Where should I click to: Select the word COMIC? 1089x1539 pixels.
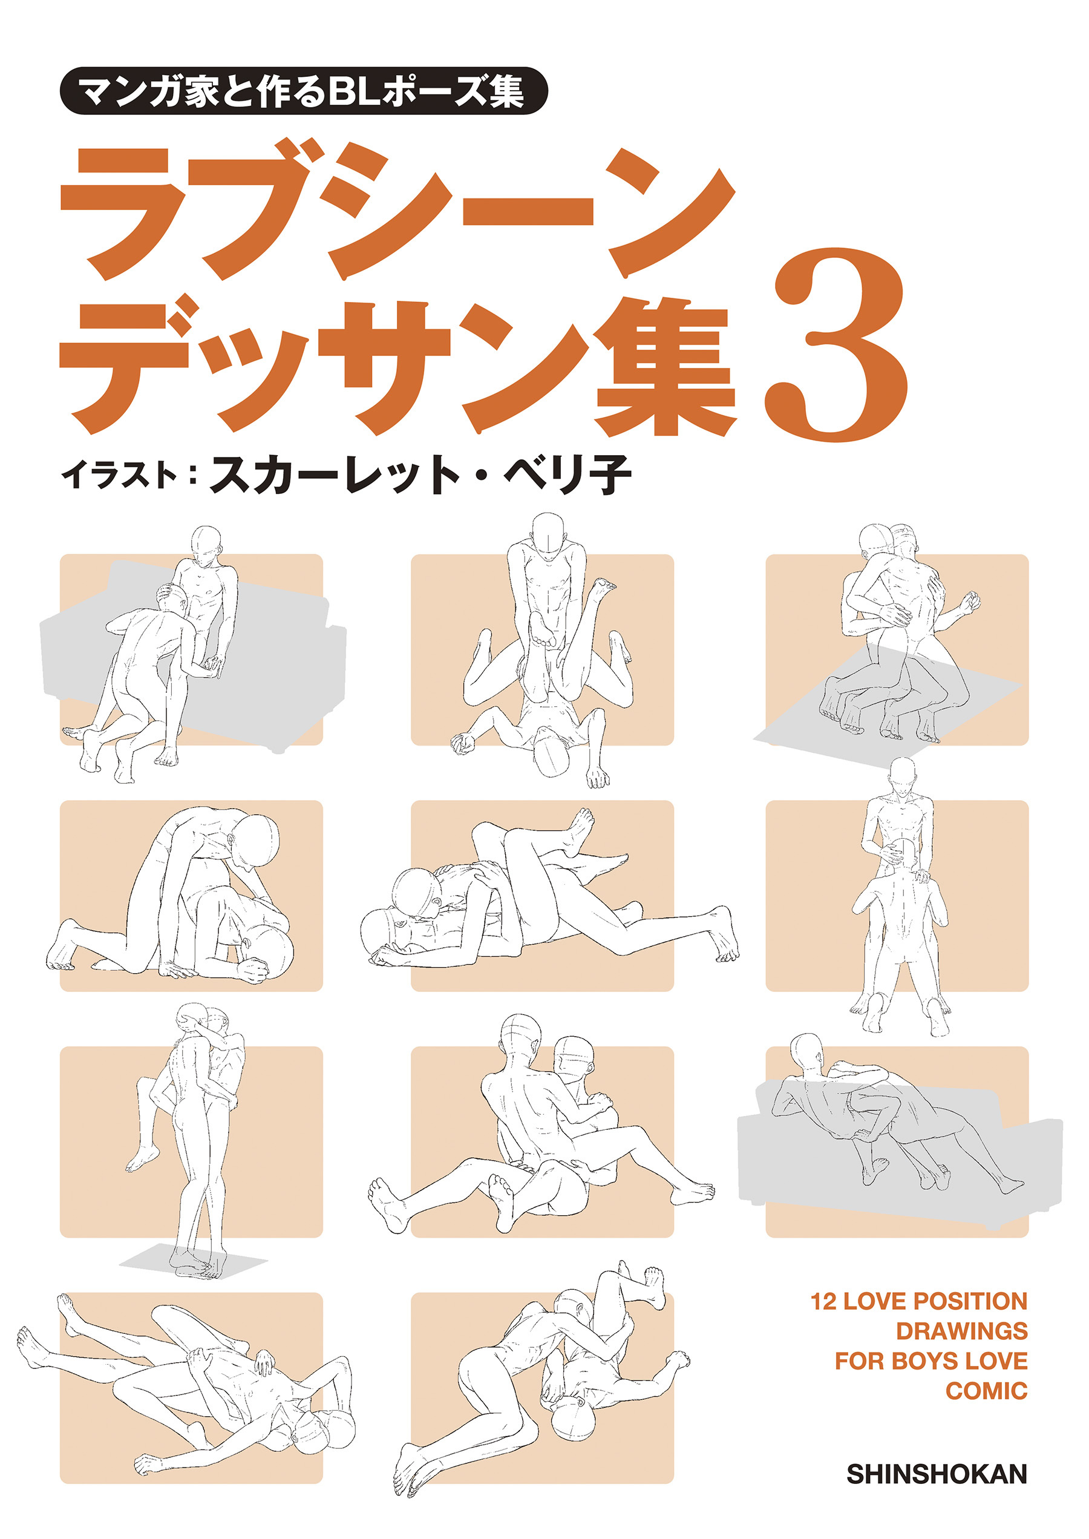point(986,1390)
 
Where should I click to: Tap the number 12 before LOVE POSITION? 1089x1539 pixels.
point(823,1301)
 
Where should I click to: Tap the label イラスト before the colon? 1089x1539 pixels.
point(119,476)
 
